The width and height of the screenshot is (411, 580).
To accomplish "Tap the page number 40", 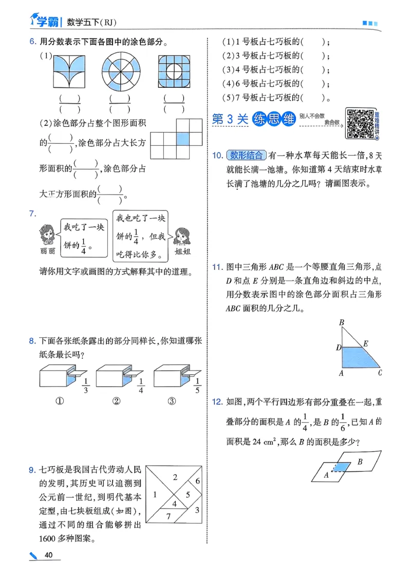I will coord(49,555).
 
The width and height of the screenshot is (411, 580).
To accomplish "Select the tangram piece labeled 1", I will coord(155,494).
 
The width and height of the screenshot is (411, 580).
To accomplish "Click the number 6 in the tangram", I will coord(197,481).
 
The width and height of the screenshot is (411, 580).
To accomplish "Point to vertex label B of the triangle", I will coord(341,322).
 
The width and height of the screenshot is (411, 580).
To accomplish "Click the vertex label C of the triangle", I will coord(380,373).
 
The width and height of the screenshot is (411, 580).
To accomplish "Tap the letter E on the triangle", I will coord(365,343).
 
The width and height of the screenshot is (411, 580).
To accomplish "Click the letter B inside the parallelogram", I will coord(360,462).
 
